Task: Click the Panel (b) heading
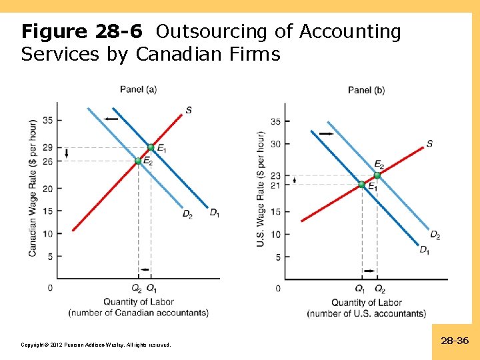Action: point(366,90)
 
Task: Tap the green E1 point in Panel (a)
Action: point(151,147)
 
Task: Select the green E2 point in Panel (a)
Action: point(138,161)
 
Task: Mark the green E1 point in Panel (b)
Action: point(361,185)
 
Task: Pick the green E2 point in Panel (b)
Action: point(377,175)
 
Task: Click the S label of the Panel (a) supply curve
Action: point(189,109)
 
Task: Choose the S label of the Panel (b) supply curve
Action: point(429,143)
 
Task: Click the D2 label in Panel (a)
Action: point(187,214)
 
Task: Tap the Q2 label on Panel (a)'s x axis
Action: point(137,289)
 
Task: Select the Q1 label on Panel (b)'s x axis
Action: point(361,289)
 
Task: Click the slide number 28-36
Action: point(455,341)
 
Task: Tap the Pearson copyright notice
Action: point(96,345)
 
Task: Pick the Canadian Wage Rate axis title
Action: point(33,188)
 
